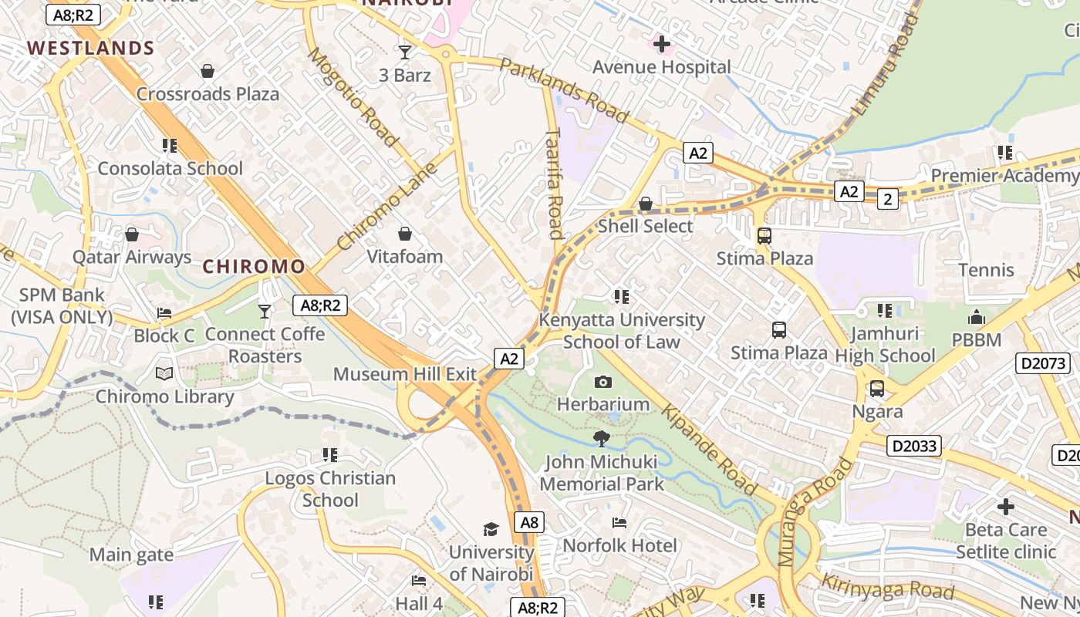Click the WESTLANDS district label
pyautogui.click(x=91, y=48)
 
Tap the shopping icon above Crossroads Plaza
pyautogui.click(x=208, y=72)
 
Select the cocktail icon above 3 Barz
pyautogui.click(x=405, y=52)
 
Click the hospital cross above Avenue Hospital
pyautogui.click(x=661, y=44)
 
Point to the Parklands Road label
pyautogui.click(x=564, y=90)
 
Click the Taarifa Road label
pyautogui.click(x=554, y=183)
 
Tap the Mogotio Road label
pyautogui.click(x=353, y=97)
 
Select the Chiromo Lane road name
pyautogui.click(x=387, y=206)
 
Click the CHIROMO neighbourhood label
pyautogui.click(x=254, y=267)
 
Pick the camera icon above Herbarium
pyautogui.click(x=603, y=382)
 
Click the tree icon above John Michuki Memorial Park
pyautogui.click(x=602, y=439)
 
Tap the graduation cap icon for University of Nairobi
pyautogui.click(x=491, y=529)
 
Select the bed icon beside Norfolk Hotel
pyautogui.click(x=619, y=523)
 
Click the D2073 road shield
pyautogui.click(x=1043, y=363)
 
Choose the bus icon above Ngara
pyautogui.click(x=877, y=389)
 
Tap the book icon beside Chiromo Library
pyautogui.click(x=164, y=374)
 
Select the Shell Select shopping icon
pyautogui.click(x=646, y=204)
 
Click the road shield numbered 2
pyautogui.click(x=888, y=200)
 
